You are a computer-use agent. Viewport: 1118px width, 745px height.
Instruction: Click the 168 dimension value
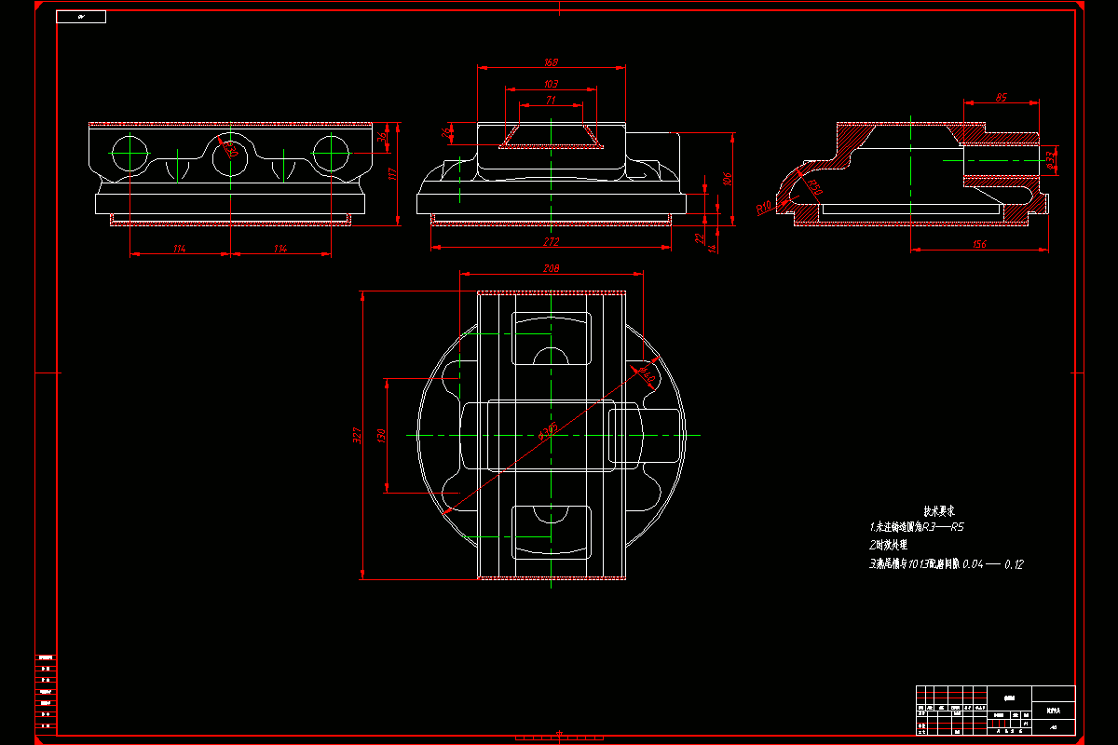551,62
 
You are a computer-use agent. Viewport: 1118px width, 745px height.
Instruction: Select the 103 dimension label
551,84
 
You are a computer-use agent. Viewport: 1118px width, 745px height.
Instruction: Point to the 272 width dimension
551,241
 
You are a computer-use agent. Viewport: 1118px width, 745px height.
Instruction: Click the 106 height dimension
728,178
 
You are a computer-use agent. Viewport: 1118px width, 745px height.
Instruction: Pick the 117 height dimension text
392,173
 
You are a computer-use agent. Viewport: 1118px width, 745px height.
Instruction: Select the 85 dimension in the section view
1001,97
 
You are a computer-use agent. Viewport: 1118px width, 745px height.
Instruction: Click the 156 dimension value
979,244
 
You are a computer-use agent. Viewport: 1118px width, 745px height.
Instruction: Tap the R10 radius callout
764,206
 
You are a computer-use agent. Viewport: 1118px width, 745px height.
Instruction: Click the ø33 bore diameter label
1052,160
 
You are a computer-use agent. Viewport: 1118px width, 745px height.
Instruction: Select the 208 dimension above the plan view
551,268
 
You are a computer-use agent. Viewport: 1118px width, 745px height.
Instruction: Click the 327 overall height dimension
357,435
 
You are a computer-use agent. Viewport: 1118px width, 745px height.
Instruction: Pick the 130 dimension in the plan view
381,435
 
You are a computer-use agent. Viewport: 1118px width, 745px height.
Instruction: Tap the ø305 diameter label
548,429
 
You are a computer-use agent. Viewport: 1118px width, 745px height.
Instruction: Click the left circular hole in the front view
130,152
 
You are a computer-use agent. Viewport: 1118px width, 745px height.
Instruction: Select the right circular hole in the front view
331,152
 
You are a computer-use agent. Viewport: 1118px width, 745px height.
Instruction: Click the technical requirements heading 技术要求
939,511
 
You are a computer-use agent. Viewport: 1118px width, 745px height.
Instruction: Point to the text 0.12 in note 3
1014,564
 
